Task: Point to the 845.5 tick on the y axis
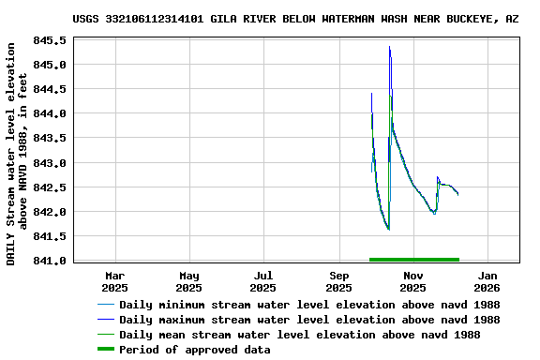coord(50,41)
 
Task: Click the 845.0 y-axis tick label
coord(50,66)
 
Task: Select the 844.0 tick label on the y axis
coord(50,114)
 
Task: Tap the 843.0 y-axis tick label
coord(50,163)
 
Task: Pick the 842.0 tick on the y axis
coord(50,212)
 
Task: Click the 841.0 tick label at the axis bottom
coord(50,261)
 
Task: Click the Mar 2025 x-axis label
coord(114,281)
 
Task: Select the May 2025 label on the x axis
coord(189,281)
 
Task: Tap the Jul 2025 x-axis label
coord(263,281)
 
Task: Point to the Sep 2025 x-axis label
coord(339,281)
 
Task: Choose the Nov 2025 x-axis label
coord(413,281)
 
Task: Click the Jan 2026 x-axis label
coord(487,281)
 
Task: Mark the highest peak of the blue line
coord(389,47)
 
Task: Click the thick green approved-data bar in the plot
coord(413,259)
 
